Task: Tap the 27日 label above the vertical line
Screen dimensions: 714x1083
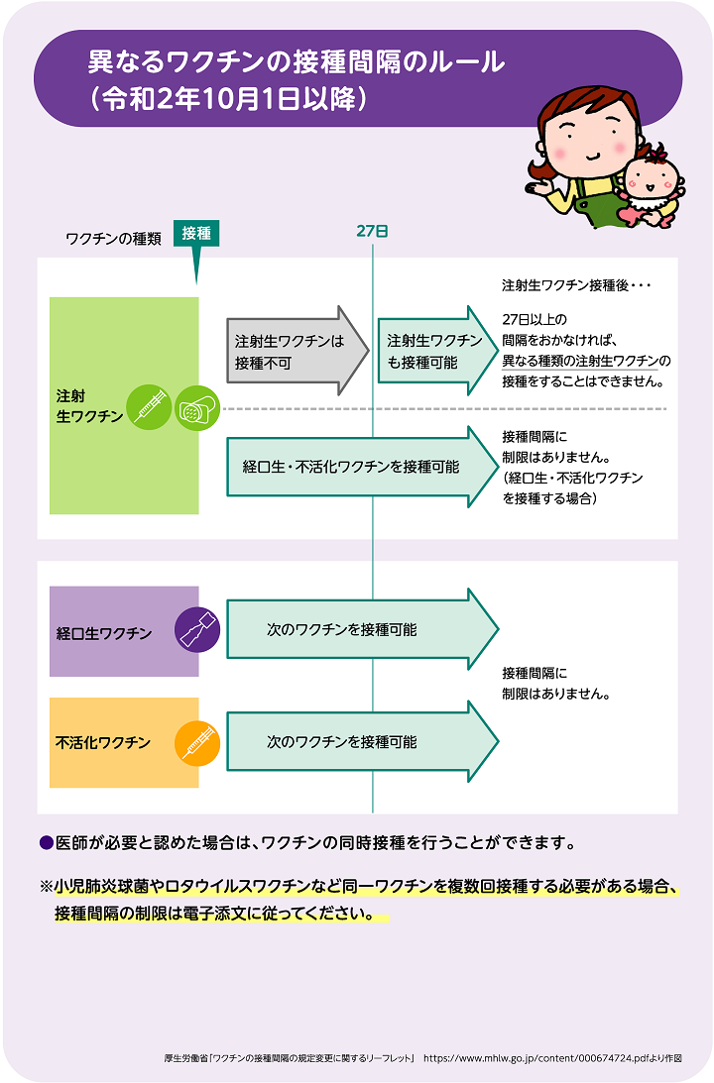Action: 372,232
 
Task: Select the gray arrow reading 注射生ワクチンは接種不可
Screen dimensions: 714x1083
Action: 297,351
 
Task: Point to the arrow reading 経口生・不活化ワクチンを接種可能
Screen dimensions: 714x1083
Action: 362,467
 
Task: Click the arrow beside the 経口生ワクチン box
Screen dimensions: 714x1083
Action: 362,629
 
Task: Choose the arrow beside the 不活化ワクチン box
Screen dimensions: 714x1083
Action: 362,742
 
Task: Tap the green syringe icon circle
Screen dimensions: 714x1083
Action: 149,407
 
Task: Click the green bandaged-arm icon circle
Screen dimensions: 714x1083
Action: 197,407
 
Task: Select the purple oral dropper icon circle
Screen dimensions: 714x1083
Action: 197,630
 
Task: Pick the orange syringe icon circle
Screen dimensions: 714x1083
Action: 197,743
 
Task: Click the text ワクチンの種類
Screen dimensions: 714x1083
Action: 113,239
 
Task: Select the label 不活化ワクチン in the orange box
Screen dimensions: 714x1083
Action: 103,742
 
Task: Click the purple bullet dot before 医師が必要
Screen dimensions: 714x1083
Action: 47,842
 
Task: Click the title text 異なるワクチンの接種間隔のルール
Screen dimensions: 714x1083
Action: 296,62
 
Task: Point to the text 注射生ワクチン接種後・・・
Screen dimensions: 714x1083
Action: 576,285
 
